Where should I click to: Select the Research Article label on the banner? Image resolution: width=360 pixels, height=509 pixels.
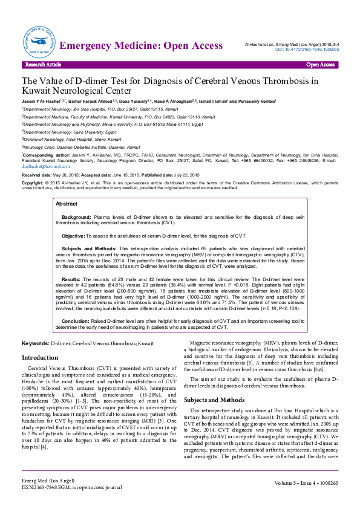coord(42,64)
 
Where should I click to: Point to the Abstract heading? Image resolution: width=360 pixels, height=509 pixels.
coord(67,187)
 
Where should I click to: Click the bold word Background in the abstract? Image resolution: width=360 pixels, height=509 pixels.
coord(76,199)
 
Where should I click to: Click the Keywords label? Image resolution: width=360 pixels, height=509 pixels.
coord(36,343)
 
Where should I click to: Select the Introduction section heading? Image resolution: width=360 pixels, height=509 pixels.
coord(40,358)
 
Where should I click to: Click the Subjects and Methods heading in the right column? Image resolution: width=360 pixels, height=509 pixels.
coord(214,400)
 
